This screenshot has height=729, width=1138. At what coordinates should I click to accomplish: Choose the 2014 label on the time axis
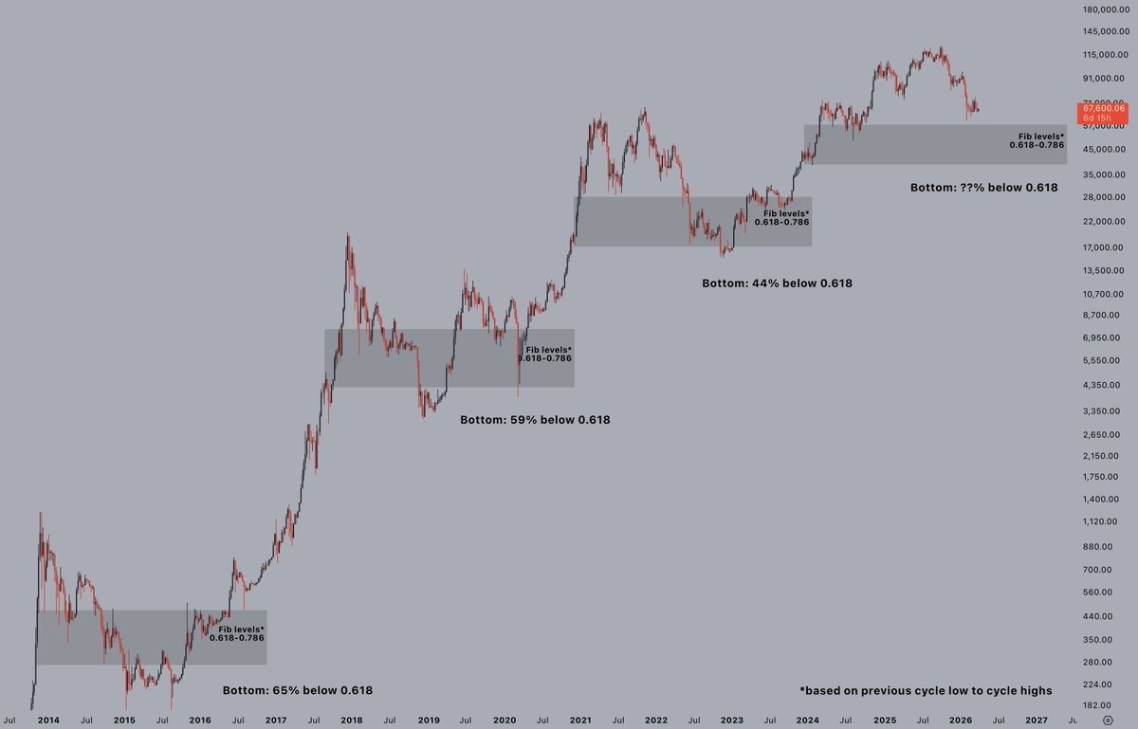(x=48, y=720)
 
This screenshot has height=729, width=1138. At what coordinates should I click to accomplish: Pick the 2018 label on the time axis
(x=352, y=720)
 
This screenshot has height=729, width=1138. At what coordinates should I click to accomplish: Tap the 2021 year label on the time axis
(x=580, y=720)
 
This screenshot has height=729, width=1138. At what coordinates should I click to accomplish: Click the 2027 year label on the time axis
(x=1037, y=720)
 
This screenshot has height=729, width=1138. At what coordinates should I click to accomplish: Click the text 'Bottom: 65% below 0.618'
(x=297, y=690)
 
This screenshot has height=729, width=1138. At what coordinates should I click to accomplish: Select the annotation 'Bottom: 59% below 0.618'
(x=535, y=419)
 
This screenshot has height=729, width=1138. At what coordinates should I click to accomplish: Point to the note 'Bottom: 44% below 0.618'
(x=777, y=282)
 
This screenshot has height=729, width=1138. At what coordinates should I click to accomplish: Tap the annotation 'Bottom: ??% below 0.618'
(x=983, y=188)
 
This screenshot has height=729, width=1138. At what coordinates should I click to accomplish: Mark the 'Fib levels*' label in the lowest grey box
(x=241, y=629)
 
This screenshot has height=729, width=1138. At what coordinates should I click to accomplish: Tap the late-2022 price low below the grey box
(x=724, y=255)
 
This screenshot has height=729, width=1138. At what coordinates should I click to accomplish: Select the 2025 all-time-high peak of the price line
(x=939, y=48)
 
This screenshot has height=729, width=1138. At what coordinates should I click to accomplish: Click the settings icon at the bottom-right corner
(x=1120, y=720)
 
